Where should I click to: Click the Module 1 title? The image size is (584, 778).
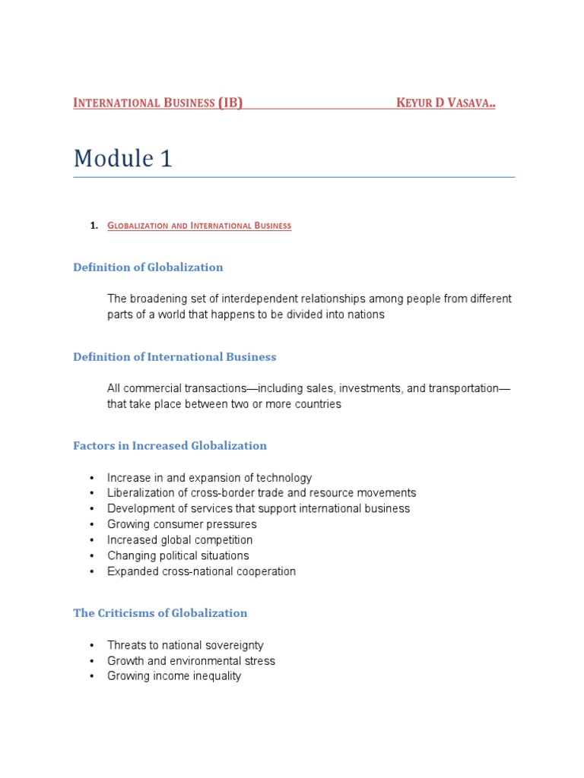click(x=122, y=158)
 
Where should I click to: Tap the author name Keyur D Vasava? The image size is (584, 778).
click(x=446, y=103)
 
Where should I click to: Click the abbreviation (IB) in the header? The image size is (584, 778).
click(x=230, y=103)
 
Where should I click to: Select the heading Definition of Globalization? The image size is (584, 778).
click(x=148, y=267)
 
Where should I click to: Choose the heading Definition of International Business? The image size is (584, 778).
click(x=175, y=357)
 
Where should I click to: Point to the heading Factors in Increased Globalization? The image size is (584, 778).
click(x=170, y=446)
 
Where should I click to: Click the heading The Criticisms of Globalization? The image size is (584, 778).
click(x=160, y=613)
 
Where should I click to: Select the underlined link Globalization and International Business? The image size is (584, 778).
click(x=199, y=226)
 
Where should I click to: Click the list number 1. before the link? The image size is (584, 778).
click(x=94, y=226)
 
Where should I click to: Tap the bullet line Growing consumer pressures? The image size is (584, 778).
click(x=182, y=524)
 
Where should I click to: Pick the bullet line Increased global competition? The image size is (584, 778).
click(x=179, y=540)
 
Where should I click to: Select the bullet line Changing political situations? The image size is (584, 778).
click(x=178, y=555)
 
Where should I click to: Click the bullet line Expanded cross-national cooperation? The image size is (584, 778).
click(x=202, y=571)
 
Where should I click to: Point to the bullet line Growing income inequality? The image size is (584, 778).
click(x=174, y=676)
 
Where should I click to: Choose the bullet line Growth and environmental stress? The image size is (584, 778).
click(x=191, y=661)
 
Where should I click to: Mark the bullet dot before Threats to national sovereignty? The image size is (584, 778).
click(x=92, y=645)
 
